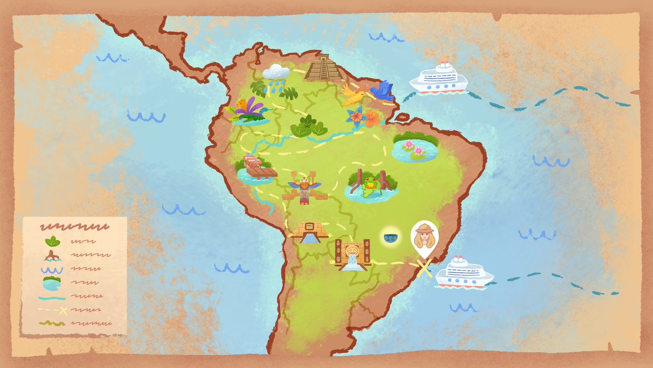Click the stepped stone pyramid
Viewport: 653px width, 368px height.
tap(324, 68)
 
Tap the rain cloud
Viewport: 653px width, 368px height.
tap(276, 72)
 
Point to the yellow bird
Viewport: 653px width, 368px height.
tap(355, 97)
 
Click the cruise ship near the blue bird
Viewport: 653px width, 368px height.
tap(439, 78)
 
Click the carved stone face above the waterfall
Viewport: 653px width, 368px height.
tap(352, 251)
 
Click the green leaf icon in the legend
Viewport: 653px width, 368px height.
tap(52, 241)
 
